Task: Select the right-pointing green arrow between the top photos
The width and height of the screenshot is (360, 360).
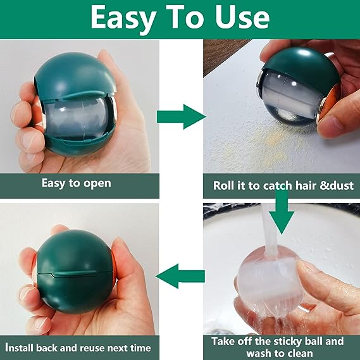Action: click(x=182, y=116)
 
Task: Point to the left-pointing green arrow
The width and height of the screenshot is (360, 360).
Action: click(x=180, y=276)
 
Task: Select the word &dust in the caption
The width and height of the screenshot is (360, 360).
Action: click(x=337, y=185)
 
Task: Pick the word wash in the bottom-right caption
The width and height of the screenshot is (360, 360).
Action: click(x=258, y=352)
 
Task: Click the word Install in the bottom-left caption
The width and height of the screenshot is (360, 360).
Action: click(x=20, y=348)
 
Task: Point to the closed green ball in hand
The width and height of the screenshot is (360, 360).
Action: click(x=75, y=271)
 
